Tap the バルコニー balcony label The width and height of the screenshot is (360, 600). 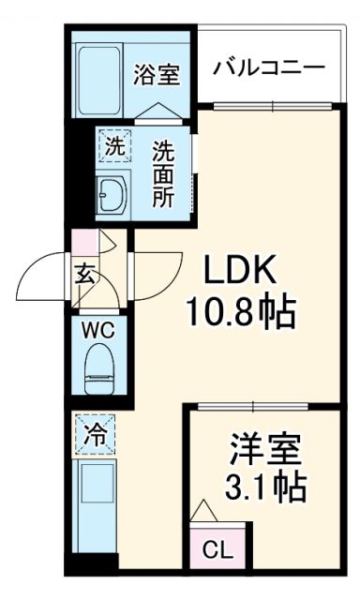(269, 68)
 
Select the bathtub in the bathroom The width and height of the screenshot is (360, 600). (103, 69)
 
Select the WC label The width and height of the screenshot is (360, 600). (97, 330)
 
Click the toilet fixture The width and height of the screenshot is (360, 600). (98, 368)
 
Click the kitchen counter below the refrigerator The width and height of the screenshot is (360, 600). (94, 506)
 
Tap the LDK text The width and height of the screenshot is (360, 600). (240, 272)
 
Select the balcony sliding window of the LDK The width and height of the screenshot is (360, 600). (271, 104)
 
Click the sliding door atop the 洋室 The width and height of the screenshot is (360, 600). (254, 406)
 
